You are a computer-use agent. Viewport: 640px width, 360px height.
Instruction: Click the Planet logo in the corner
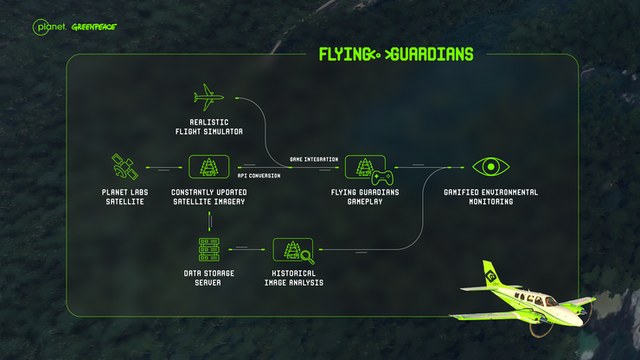49,27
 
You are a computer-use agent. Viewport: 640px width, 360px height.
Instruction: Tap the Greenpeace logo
94,27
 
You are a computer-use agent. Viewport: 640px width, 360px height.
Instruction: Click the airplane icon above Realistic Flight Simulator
208,98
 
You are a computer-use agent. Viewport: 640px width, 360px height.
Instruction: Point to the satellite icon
125,167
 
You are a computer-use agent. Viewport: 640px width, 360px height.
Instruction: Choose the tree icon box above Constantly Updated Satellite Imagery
209,167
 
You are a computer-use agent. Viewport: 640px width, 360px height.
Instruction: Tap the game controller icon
382,177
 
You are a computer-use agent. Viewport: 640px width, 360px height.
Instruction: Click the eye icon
490,167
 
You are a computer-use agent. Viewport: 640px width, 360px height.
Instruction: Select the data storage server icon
209,249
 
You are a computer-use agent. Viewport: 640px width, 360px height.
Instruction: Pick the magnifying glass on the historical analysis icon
307,257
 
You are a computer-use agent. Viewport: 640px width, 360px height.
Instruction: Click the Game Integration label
314,159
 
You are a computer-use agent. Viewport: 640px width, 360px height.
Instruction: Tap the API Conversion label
259,176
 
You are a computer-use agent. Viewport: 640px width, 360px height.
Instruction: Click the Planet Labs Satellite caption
125,196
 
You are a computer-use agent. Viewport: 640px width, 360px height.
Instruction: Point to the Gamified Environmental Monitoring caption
490,196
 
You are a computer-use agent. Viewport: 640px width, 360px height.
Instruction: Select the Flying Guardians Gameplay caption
365,196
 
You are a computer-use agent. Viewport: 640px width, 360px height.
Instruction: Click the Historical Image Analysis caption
294,278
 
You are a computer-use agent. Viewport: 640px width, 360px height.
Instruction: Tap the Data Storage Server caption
209,278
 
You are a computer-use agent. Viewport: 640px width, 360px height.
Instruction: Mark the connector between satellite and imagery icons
164,168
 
